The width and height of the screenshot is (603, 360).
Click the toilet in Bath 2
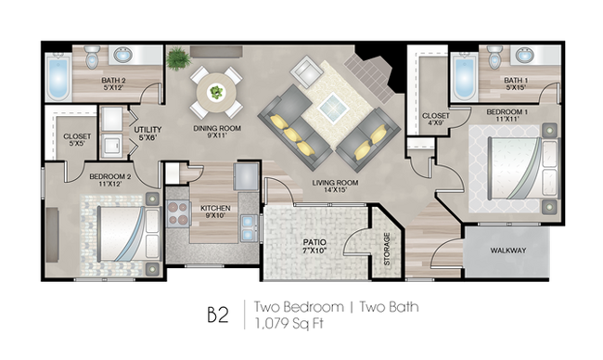coord(92,57)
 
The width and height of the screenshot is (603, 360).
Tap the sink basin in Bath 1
coord(524,55)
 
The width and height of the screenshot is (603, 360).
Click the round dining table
coord(216,93)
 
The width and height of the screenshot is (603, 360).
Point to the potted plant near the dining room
coord(178,58)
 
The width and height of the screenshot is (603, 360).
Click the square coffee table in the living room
coord(333,107)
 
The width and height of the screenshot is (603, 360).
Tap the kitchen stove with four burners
coord(179,213)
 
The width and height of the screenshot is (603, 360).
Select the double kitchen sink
coord(249,228)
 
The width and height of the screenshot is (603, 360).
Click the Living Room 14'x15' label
coord(335,186)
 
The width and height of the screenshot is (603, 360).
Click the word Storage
coord(387,249)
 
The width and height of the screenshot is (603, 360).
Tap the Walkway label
coord(508,251)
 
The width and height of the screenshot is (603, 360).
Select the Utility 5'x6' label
coord(148,133)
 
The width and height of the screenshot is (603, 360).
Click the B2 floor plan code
coord(218,315)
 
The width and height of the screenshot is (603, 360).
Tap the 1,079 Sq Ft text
coord(288,324)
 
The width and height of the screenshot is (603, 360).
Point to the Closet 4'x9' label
coord(436,120)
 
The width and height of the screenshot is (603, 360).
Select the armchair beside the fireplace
coord(306,71)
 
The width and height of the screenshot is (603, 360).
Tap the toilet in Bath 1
coord(494,57)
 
